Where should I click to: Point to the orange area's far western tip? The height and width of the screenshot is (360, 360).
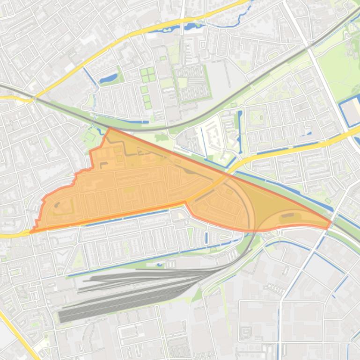tap(31, 231)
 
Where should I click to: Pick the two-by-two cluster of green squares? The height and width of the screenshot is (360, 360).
tap(148, 74)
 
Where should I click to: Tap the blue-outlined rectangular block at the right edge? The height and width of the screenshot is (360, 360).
tap(350, 113)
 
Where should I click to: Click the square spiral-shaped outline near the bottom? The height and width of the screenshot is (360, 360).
tap(245, 333)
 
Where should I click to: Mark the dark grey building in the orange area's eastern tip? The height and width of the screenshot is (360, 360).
tap(287, 215)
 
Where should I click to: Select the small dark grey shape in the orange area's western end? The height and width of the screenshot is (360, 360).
tap(57, 204)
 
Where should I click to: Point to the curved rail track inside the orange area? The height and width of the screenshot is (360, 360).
tap(243, 196)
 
